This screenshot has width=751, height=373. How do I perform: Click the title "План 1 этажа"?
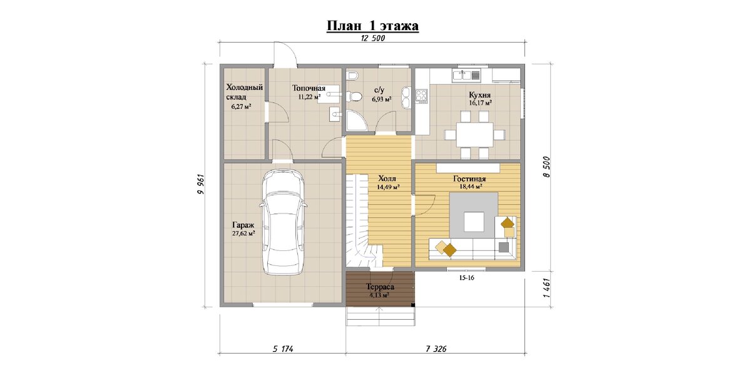pos(372,26)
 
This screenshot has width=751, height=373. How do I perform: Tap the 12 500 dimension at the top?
pos(373,38)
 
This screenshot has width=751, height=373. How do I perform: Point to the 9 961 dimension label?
pos(200,185)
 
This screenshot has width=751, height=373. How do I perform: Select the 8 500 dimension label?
pos(546,167)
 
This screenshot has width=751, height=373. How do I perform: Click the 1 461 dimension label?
pos(546,289)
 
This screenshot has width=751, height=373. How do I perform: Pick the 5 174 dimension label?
pos(283,349)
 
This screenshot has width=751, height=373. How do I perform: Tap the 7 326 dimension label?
pos(436,349)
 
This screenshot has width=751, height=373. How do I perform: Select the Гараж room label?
pos(243,225)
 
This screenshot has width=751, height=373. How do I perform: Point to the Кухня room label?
pos(480,95)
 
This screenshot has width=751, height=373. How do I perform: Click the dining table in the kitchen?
pos(474,135)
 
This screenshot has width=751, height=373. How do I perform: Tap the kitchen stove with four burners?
pos(422,95)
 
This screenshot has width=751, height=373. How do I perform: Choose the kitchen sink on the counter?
pos(466,75)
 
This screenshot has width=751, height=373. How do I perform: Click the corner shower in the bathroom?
pos(356,121)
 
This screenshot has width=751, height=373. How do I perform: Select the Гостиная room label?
pos(469,179)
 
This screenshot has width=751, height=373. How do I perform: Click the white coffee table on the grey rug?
pos(474,221)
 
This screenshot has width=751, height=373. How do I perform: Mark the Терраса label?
pos(380,287)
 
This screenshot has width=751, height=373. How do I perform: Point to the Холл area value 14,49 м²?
pos(388,187)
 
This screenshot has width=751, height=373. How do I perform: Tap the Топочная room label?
pos(309,88)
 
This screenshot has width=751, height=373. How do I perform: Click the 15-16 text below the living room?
pos(467,278)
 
